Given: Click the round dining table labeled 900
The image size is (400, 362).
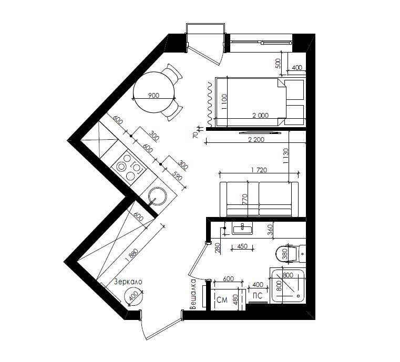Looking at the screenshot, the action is [154, 92].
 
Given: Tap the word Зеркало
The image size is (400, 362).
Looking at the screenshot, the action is [128, 282].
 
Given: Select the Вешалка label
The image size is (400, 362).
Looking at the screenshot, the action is [193, 294].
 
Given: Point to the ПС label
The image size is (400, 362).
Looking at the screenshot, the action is [258, 296].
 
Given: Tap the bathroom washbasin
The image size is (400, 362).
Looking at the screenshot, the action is [242, 228].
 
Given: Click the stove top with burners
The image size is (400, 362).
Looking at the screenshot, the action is [130, 168].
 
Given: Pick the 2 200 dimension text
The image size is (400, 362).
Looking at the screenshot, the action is [256, 140].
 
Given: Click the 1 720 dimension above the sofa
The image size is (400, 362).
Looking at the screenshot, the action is [259, 170].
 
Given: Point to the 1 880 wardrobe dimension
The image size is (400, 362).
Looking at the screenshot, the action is [132, 256].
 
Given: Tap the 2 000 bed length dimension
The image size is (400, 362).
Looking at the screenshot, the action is [261, 115].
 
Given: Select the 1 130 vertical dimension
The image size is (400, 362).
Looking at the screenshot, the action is [285, 156].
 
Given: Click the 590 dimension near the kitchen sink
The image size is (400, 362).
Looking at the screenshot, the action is [177, 176].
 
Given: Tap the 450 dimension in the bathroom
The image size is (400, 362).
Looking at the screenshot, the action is [242, 246].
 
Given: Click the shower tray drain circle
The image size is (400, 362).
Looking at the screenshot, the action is [298, 296].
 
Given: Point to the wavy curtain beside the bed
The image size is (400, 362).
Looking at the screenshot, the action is [210, 104].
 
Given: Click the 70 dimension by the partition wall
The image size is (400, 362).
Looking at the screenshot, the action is [196, 135].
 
